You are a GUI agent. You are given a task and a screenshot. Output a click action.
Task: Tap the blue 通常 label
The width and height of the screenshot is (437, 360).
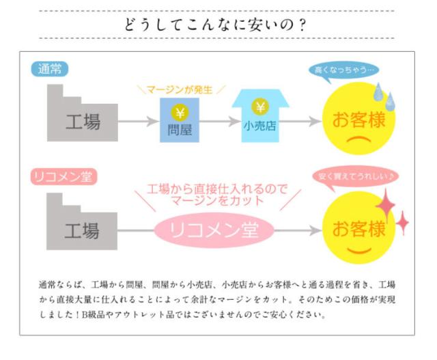point(50,69)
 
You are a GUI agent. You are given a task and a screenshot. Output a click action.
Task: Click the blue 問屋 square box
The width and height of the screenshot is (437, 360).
point(180,120)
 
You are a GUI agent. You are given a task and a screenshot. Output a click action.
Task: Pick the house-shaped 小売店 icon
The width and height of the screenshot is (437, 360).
point(259,115)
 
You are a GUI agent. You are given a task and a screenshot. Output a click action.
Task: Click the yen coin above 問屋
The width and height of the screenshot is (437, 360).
point(180,112)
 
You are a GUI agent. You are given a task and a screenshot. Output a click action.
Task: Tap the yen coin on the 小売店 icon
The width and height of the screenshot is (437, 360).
point(260,107)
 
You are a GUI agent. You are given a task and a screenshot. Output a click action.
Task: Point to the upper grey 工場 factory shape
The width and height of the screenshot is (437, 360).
point(81,113)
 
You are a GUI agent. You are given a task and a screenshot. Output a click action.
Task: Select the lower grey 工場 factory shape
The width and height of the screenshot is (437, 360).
point(81,222)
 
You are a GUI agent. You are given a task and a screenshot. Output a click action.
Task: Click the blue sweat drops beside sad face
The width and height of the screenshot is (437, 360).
point(384,97)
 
